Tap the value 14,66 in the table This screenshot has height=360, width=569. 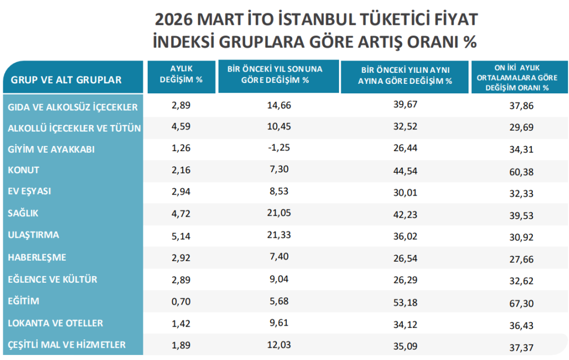pyautogui.click(x=278, y=105)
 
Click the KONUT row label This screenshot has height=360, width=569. pyautogui.click(x=24, y=170)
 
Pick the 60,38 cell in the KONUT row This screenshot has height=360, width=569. pyautogui.click(x=521, y=172)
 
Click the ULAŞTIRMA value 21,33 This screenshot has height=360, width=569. pyautogui.click(x=278, y=236)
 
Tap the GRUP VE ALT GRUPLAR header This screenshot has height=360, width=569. pyautogui.click(x=66, y=80)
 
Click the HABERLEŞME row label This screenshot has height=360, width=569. pyautogui.click(x=37, y=257)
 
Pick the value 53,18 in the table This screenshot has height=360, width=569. pyautogui.click(x=404, y=301)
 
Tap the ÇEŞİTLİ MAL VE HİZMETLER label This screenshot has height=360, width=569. pyautogui.click(x=67, y=345)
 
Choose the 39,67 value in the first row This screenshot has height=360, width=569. pyautogui.click(x=404, y=105)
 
